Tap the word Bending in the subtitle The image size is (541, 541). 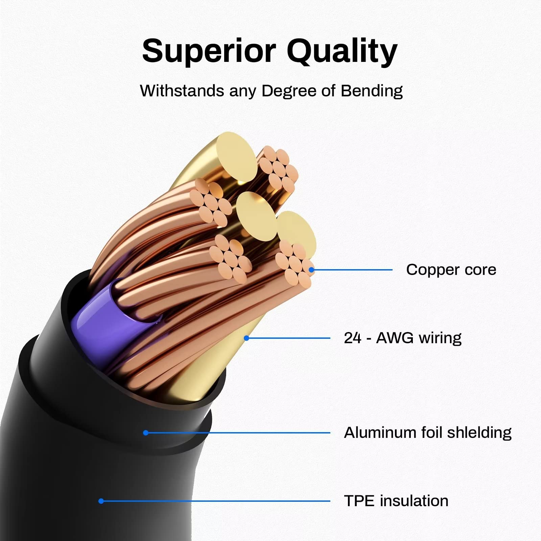click(x=372, y=91)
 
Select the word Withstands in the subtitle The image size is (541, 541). click(x=182, y=91)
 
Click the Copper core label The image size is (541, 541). click(x=451, y=269)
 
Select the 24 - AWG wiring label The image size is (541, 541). click(x=402, y=338)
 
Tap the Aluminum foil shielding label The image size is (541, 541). click(x=427, y=432)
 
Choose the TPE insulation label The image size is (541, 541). click(x=396, y=501)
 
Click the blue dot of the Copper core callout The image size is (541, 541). click(x=311, y=270)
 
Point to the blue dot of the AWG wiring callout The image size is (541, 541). click(x=246, y=338)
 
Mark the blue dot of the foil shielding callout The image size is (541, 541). click(x=146, y=433)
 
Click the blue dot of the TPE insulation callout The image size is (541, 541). click(x=101, y=501)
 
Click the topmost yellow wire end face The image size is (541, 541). click(x=236, y=156)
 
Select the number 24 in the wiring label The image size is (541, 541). click(x=353, y=338)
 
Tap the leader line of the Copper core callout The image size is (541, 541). click(x=352, y=270)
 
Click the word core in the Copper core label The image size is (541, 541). click(x=480, y=270)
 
